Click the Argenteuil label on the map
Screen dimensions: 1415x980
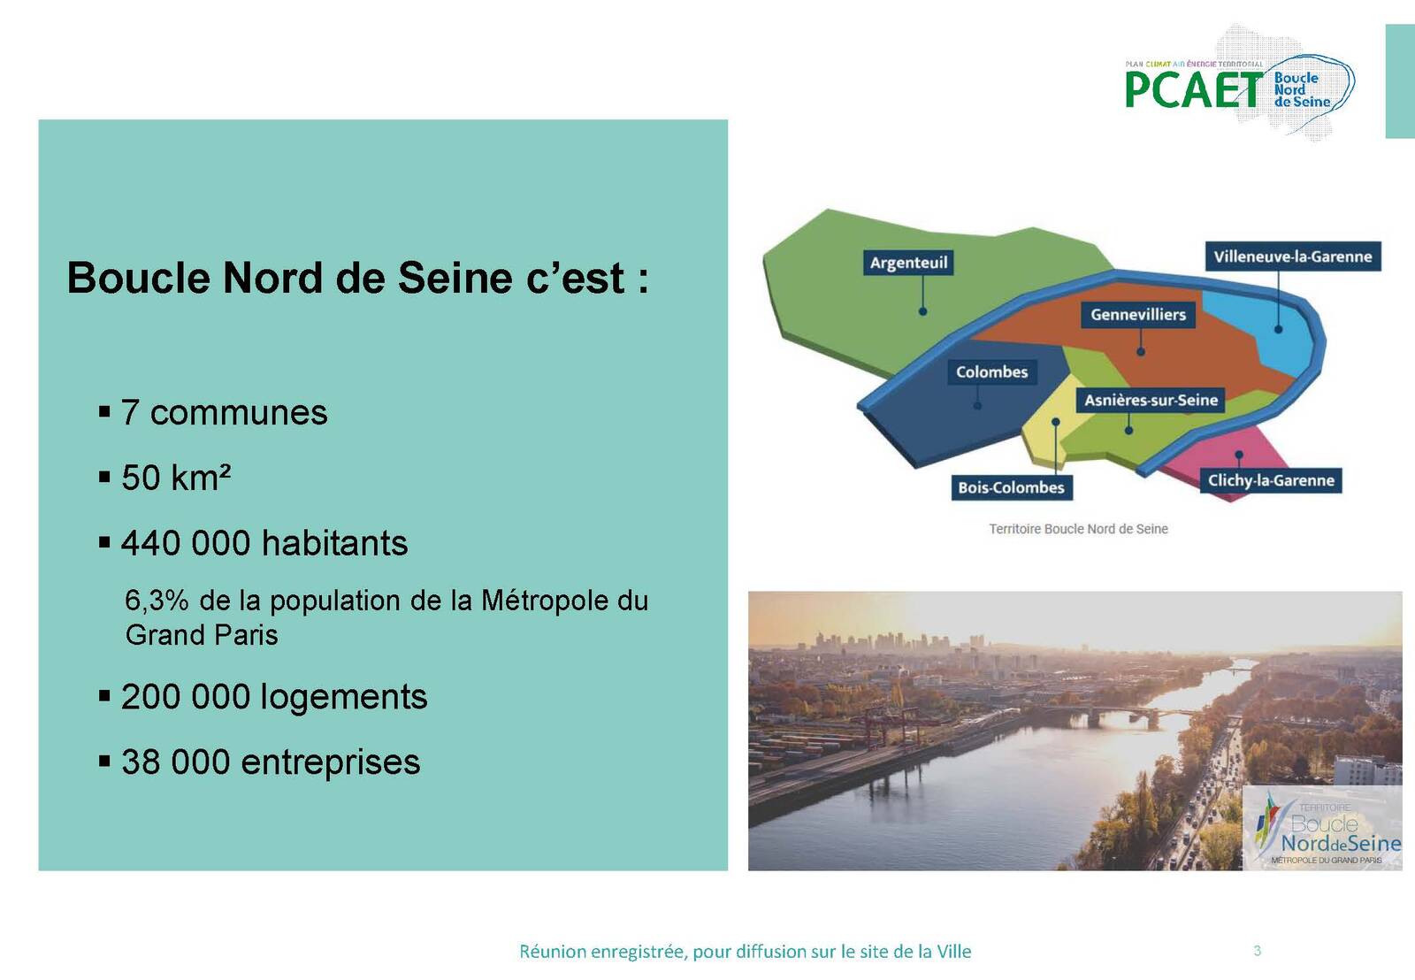click(x=908, y=262)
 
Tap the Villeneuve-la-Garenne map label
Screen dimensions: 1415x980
click(x=1292, y=256)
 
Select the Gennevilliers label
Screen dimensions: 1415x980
click(x=1137, y=315)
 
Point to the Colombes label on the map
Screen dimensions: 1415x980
click(x=991, y=371)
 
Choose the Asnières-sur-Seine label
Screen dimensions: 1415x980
click(x=1151, y=400)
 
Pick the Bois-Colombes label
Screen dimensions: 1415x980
click(x=1011, y=487)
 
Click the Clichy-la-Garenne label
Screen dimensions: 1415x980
click(x=1271, y=480)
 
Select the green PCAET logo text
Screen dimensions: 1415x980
click(x=1193, y=89)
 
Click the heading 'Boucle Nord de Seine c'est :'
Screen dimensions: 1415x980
click(x=357, y=278)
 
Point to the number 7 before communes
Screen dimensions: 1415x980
click(x=129, y=412)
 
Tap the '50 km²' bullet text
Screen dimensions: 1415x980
click(x=176, y=477)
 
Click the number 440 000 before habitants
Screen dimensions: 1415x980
click(x=186, y=543)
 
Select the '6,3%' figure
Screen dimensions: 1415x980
click(x=157, y=601)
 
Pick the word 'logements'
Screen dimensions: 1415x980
click(x=344, y=697)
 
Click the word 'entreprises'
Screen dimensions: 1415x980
click(x=331, y=762)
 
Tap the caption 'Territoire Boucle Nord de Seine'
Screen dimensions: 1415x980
click(x=1078, y=529)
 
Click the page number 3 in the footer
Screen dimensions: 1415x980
click(x=1257, y=950)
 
